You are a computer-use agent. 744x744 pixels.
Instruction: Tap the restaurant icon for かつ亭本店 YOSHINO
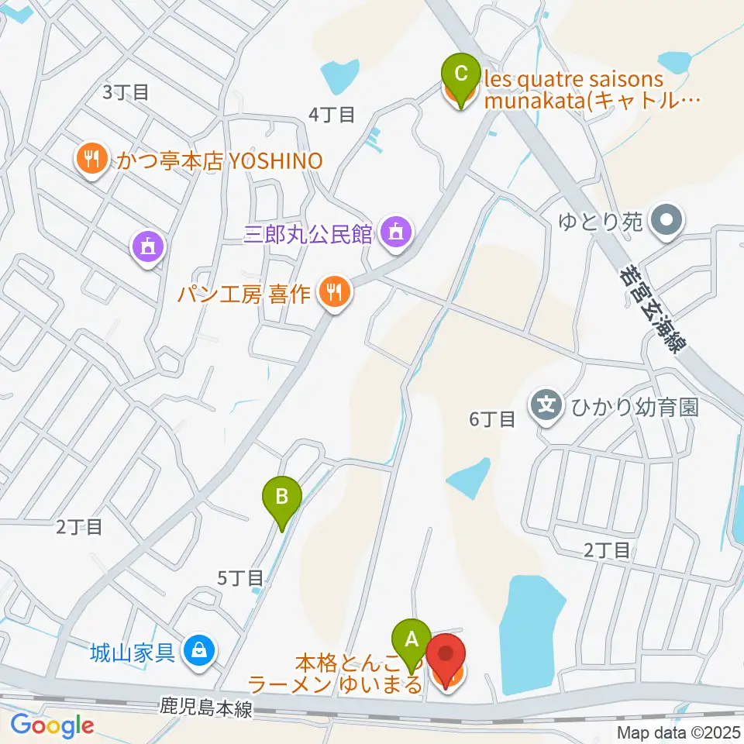[x=92, y=160]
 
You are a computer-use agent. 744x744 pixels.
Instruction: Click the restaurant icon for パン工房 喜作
[x=335, y=293]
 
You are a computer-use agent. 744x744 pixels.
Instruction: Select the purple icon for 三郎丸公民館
[x=396, y=232]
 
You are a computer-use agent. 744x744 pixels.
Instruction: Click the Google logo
[x=52, y=725]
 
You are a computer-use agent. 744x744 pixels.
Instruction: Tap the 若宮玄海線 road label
[x=653, y=306]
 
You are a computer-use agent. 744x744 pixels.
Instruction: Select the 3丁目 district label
[x=126, y=92]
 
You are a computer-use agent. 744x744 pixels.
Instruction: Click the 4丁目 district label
[x=332, y=115]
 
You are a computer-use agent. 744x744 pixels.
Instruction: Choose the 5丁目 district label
[x=240, y=577]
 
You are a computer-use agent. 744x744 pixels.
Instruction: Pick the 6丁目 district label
[x=492, y=419]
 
